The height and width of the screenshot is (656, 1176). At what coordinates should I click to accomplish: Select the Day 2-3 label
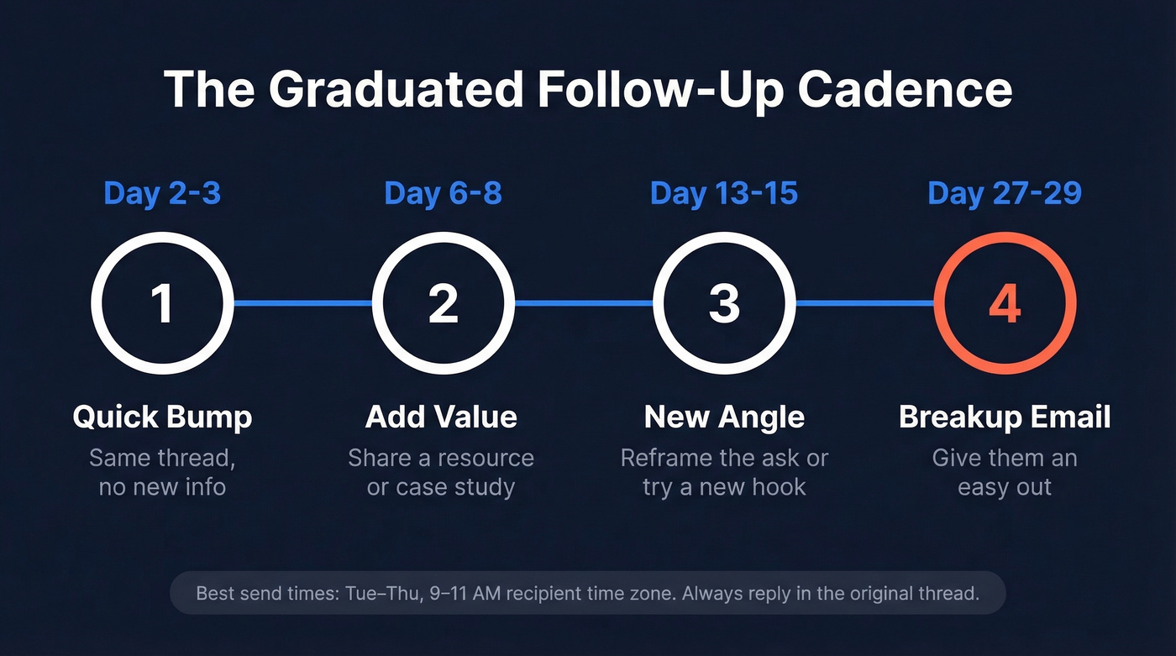[162, 193]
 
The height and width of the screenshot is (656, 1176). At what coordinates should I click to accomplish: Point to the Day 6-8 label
[443, 193]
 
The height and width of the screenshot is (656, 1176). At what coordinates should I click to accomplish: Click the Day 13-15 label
[723, 193]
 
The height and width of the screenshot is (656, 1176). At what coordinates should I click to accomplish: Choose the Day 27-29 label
[1005, 193]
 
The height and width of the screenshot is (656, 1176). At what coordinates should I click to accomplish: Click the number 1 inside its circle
[162, 304]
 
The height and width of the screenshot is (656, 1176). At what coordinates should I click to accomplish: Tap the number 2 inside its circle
[443, 304]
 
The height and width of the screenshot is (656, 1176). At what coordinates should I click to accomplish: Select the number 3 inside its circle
[723, 304]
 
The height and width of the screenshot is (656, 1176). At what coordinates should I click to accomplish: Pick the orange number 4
[1005, 304]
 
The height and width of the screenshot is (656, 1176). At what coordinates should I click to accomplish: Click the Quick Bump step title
[162, 417]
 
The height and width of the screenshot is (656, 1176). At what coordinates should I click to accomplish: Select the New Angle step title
[724, 417]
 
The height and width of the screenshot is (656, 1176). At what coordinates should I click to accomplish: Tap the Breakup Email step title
[1005, 417]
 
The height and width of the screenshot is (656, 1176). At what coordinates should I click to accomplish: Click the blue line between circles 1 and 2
[302, 303]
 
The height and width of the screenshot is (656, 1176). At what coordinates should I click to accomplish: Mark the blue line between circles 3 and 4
[865, 303]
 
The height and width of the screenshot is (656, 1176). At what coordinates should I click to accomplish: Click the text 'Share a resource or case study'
[441, 473]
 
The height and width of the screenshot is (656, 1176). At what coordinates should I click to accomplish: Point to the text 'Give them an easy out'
[1005, 473]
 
